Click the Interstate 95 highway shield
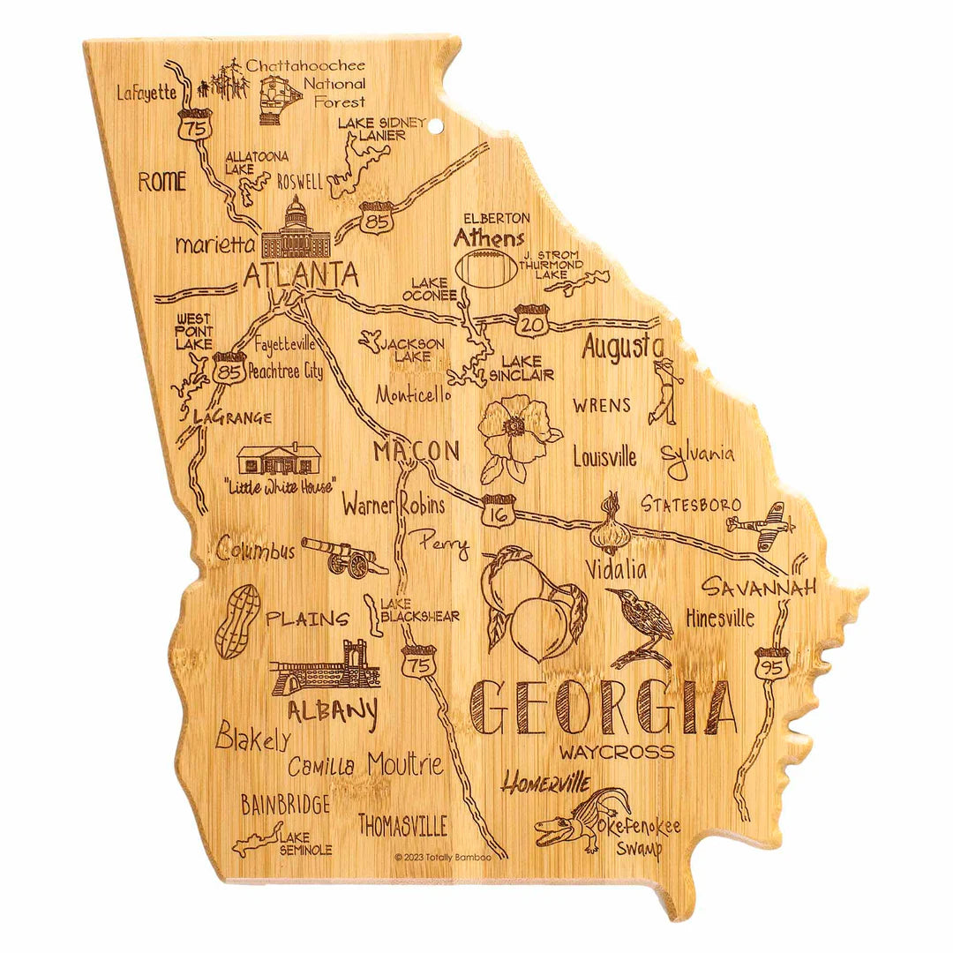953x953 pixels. click(x=770, y=663)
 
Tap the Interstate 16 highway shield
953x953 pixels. click(x=499, y=510)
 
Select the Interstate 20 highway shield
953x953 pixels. click(x=532, y=321)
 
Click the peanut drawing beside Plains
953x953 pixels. click(x=237, y=622)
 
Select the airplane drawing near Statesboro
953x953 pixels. click(x=760, y=521)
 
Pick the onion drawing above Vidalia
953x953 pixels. click(x=611, y=526)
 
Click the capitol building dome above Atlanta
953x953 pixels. click(x=296, y=214)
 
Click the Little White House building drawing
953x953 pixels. click(x=278, y=460)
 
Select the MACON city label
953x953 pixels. click(x=416, y=452)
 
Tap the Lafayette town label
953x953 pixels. click(x=146, y=93)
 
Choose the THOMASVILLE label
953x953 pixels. click(x=402, y=825)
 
